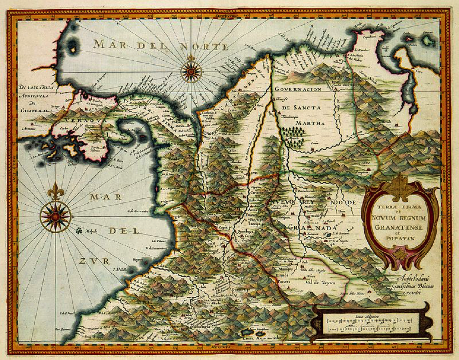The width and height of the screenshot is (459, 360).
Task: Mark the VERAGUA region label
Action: [x=75, y=119]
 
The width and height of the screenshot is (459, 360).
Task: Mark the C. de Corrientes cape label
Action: [x=137, y=211]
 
